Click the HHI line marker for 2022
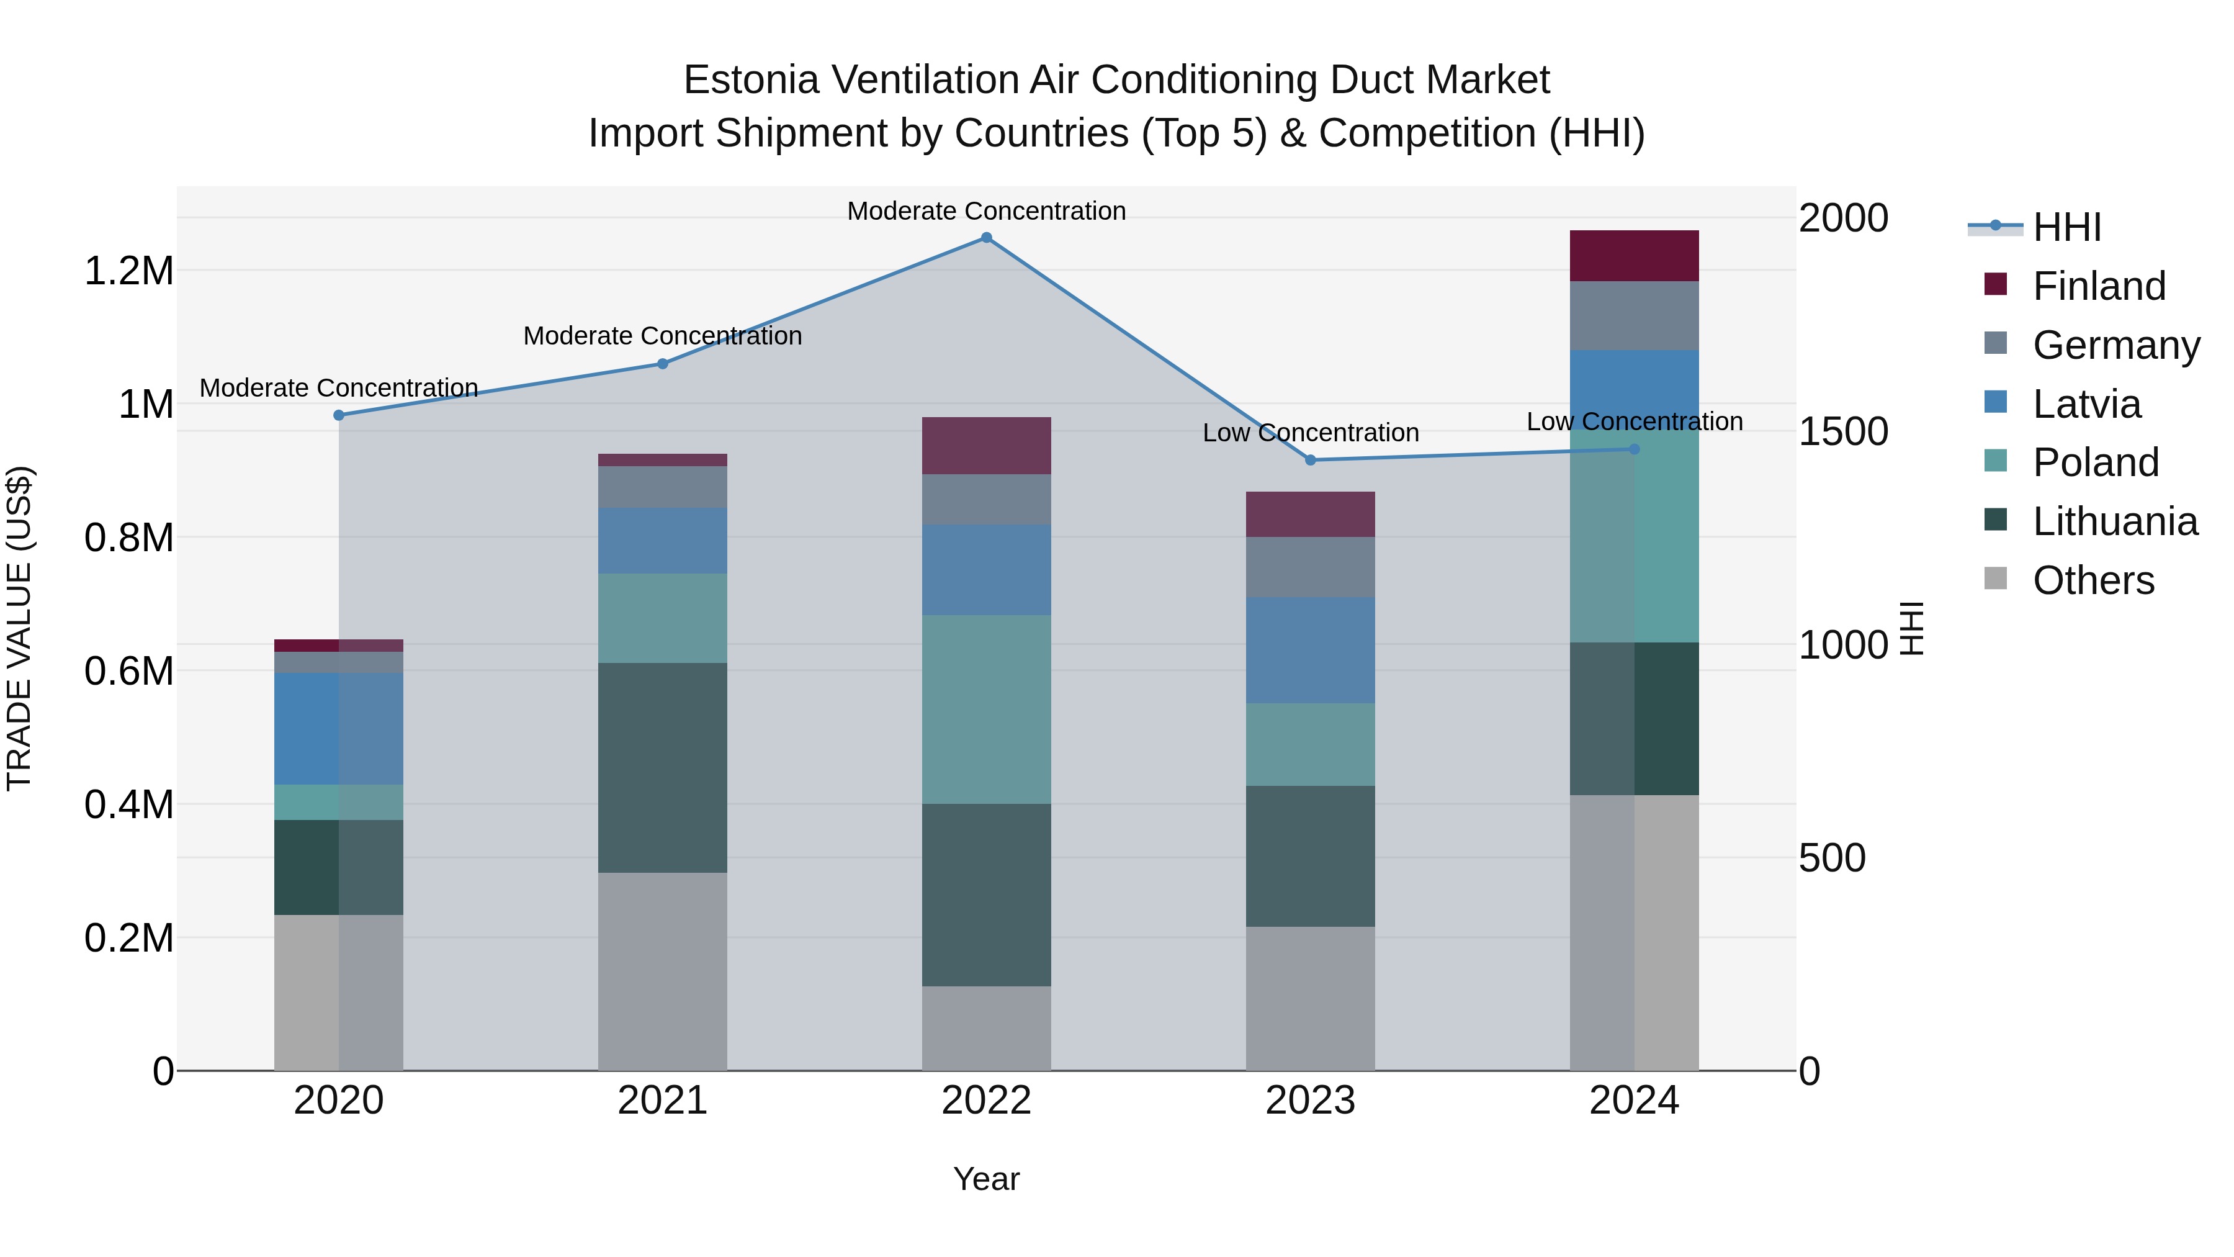(x=986, y=238)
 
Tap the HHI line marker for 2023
(x=1311, y=460)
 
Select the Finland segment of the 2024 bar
(x=1634, y=256)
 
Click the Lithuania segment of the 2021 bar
(x=663, y=768)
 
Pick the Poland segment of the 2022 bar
(x=986, y=710)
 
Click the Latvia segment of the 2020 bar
(x=338, y=729)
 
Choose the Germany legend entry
(x=2116, y=345)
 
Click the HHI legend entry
(x=2066, y=227)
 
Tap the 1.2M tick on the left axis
(x=128, y=271)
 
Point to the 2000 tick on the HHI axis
(x=1843, y=218)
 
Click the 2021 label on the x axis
(x=663, y=1100)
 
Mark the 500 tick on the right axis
(x=1832, y=858)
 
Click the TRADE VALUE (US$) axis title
(x=19, y=628)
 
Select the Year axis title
(x=986, y=1179)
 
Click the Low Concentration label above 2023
(x=1311, y=432)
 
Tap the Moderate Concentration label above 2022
(x=986, y=211)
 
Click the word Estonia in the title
(x=751, y=80)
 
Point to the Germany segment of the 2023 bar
(x=1311, y=567)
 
